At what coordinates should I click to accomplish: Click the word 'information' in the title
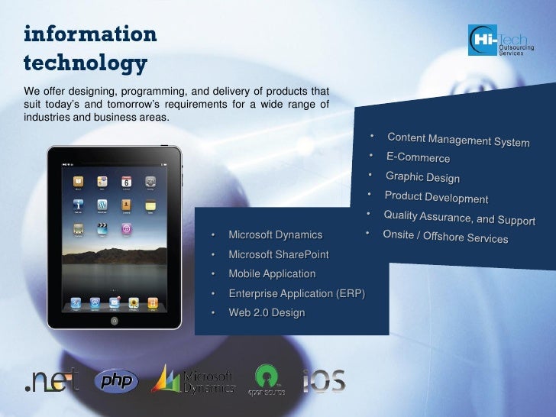[90, 34]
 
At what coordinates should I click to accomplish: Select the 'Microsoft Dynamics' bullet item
[275, 234]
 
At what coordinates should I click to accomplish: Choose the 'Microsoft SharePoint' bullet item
[278, 254]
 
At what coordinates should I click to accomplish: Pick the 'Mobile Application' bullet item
[272, 273]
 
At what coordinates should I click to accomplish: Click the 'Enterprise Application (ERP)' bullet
[296, 293]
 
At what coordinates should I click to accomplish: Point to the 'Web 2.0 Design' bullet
[267, 312]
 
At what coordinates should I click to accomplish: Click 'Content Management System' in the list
[457, 140]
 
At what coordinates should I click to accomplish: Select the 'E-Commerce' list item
[418, 158]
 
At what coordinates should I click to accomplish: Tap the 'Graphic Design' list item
[422, 177]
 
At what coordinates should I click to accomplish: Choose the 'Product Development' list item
[436, 197]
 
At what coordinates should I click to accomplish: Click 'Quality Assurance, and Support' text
[459, 218]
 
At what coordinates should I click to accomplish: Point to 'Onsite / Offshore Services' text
[445, 237]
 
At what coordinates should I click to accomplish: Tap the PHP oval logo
[116, 380]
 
